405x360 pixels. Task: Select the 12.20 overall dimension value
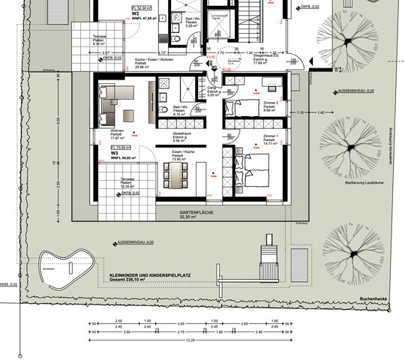(x=191, y=340)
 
